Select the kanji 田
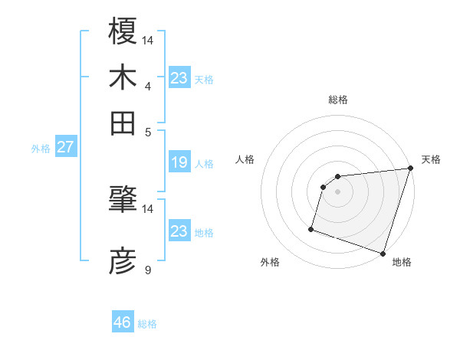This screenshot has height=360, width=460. click(123, 123)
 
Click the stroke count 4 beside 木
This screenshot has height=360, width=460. click(147, 86)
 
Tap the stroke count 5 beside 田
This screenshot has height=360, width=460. click(147, 131)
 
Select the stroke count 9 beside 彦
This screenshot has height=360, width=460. click(147, 270)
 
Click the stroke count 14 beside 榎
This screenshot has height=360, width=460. click(148, 40)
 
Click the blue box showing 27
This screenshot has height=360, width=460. click(65, 147)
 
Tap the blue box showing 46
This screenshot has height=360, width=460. click(123, 322)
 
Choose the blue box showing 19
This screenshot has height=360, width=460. click(179, 162)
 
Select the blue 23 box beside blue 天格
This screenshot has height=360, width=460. click(179, 78)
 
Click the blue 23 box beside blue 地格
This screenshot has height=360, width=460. click(179, 231)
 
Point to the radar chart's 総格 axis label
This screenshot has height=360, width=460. click(338, 100)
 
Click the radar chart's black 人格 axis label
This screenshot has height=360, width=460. click(245, 159)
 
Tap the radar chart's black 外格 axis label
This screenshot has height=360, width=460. click(270, 263)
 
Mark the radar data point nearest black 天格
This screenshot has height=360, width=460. click(410, 169)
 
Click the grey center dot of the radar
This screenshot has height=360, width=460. click(338, 191)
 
